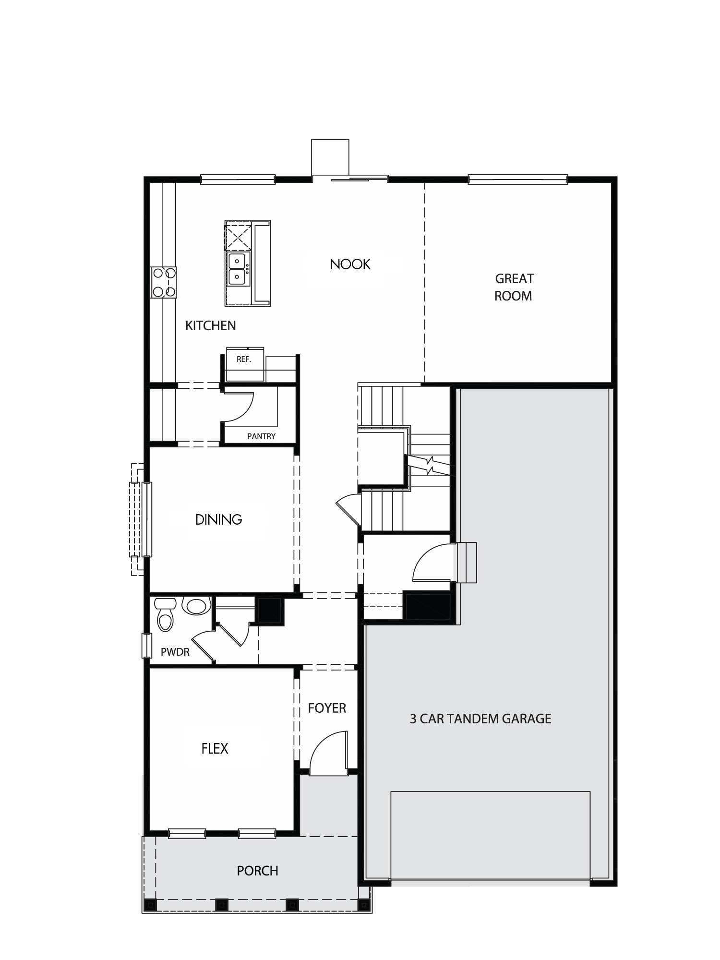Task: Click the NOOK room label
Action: coord(350,264)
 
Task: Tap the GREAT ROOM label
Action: coord(514,287)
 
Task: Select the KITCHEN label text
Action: coord(211,325)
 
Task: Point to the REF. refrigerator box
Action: coord(245,364)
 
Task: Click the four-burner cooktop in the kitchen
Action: coord(164,282)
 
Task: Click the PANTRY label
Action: coord(261,436)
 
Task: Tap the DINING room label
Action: coord(219,519)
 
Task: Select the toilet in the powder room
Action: coord(165,614)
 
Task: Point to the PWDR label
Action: coord(175,652)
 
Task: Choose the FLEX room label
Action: coord(215,748)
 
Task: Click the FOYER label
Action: coord(327,708)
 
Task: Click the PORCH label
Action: coord(257,871)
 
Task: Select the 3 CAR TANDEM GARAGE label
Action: coord(480,719)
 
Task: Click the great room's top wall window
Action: coord(518,180)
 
